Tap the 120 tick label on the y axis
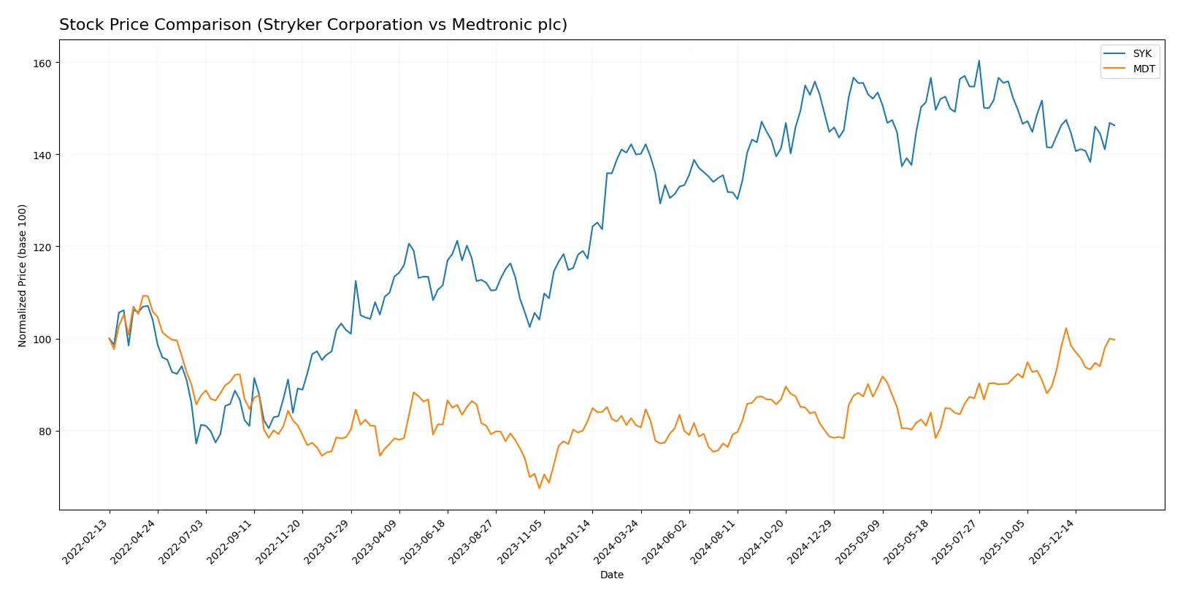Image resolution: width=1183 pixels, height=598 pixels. [x=42, y=248]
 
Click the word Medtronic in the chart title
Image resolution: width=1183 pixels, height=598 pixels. [x=497, y=25]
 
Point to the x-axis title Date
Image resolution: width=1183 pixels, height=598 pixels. [x=611, y=575]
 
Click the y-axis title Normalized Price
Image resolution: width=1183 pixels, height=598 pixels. [x=23, y=275]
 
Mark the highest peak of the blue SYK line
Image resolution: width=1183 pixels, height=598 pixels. [x=979, y=61]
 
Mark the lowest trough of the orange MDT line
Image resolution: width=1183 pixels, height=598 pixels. [x=540, y=488]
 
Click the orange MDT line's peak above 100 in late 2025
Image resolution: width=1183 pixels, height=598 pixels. [x=1066, y=328]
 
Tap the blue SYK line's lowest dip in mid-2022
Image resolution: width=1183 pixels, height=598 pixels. [x=196, y=443]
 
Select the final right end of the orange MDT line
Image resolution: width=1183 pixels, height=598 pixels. [x=1114, y=340]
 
